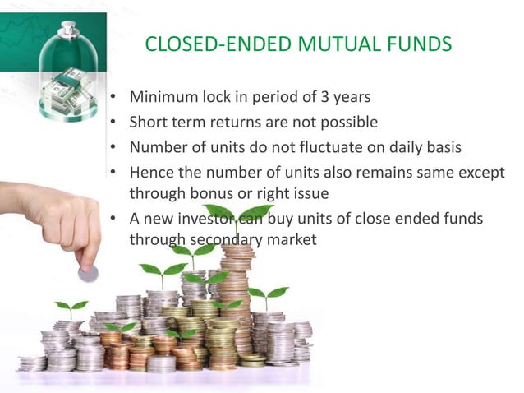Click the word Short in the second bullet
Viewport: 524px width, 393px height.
pyautogui.click(x=149, y=122)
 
